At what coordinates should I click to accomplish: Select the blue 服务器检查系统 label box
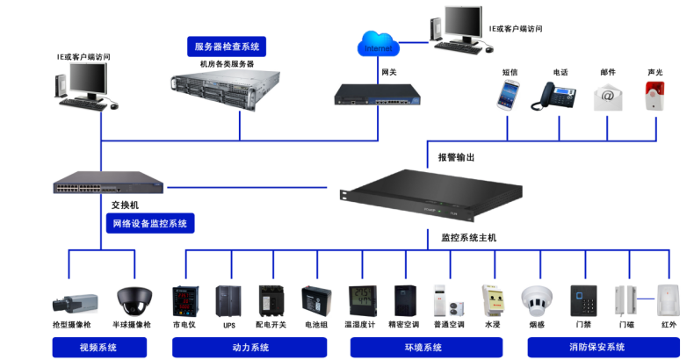(x=228, y=47)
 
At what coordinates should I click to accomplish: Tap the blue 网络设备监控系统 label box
(x=150, y=224)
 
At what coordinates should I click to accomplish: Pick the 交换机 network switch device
(x=108, y=185)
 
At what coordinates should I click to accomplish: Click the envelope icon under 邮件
(x=607, y=97)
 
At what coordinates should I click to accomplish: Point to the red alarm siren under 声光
(x=654, y=96)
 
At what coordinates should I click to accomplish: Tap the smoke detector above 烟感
(x=537, y=299)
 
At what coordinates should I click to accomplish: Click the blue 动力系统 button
(x=250, y=348)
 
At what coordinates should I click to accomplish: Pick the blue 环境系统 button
(x=423, y=348)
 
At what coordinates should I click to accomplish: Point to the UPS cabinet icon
(x=228, y=300)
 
